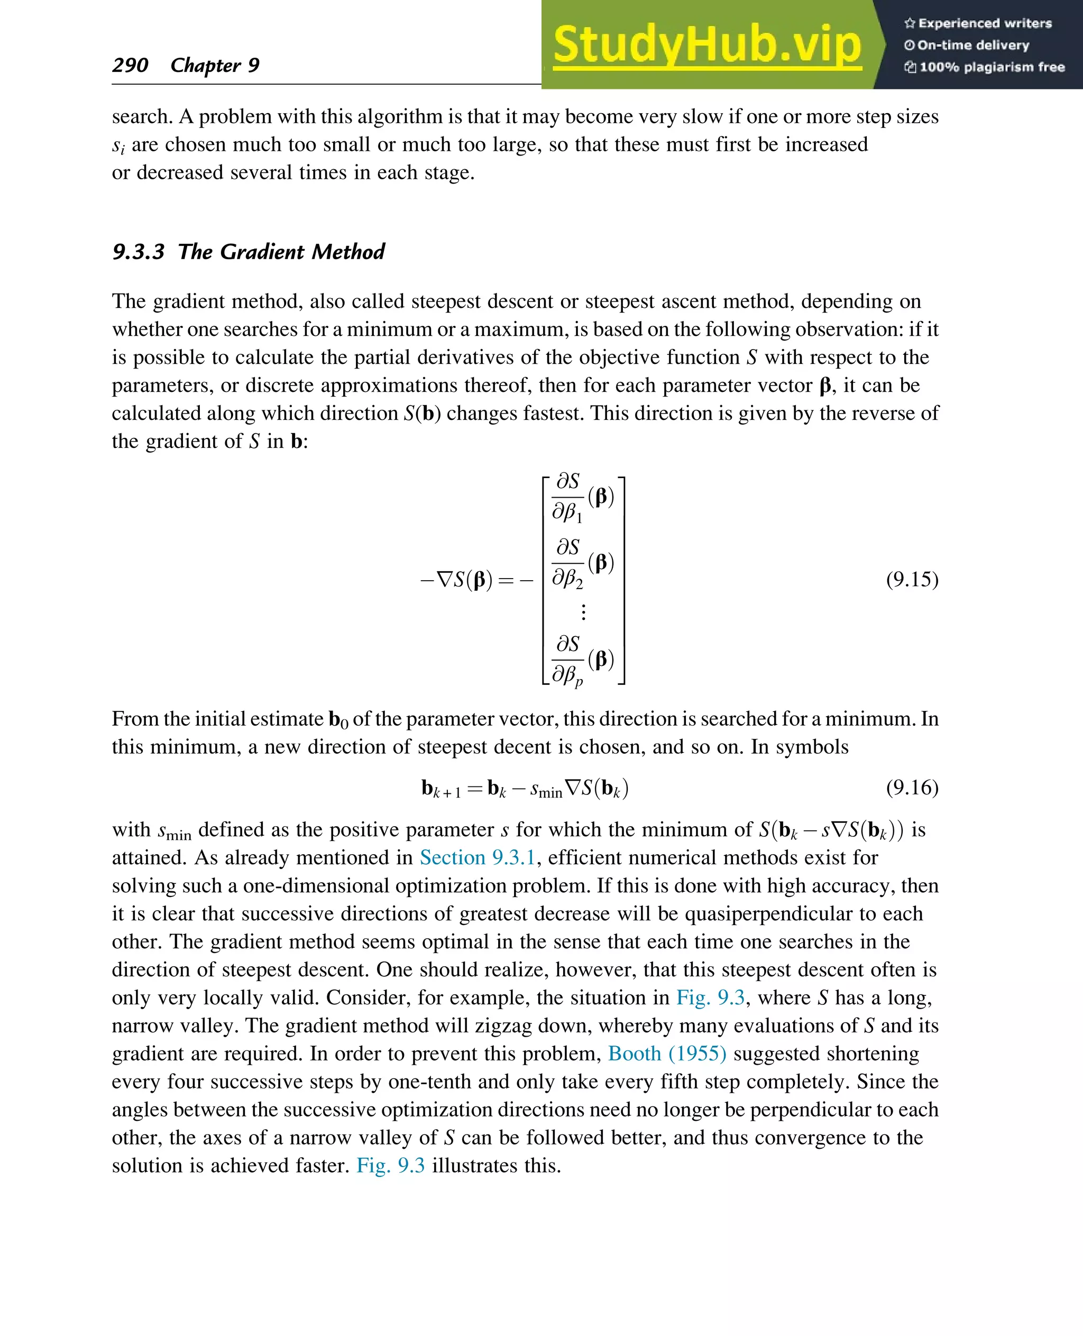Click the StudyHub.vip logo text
[x=707, y=45]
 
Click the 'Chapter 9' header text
[x=215, y=65]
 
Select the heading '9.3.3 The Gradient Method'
[x=249, y=251]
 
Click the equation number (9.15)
[x=912, y=579]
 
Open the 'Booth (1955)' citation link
[x=667, y=1054]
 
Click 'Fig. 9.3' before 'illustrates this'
[x=391, y=1166]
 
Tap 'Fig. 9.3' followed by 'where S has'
[x=711, y=997]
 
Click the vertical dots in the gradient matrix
[x=583, y=611]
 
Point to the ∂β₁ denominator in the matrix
[x=567, y=513]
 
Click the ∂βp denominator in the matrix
[x=567, y=674]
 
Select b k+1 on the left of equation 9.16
[x=440, y=789]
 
